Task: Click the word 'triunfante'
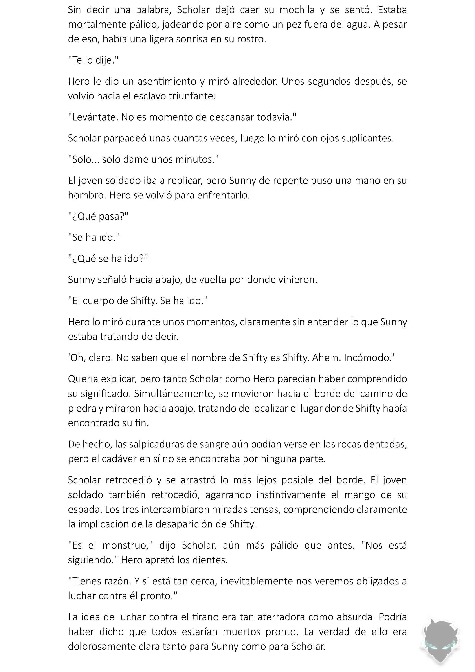[x=192, y=96]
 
